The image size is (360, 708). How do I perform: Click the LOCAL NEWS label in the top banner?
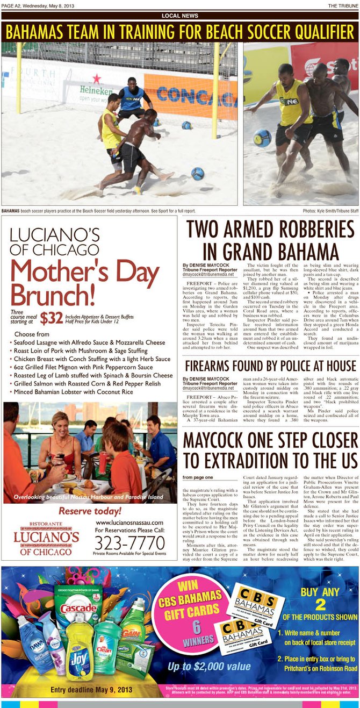click(180, 16)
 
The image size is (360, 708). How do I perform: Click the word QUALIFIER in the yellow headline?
click(314, 32)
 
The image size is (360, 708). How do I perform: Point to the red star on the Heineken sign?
click(97, 78)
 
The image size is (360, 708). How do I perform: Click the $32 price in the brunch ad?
click(52, 318)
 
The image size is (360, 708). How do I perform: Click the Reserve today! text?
click(90, 511)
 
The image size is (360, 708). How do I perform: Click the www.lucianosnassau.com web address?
click(129, 522)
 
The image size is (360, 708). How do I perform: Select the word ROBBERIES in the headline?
click(301, 230)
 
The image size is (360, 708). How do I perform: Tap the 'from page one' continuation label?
click(197, 477)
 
